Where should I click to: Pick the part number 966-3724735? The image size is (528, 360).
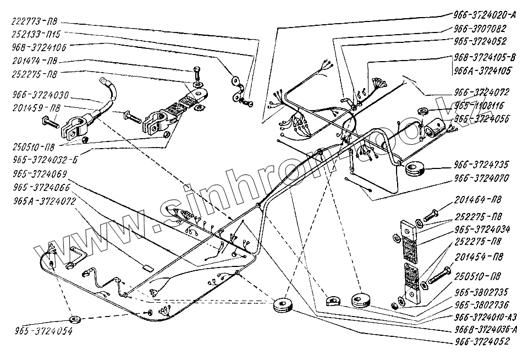(x=481, y=163)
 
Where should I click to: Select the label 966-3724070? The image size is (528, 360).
(x=481, y=178)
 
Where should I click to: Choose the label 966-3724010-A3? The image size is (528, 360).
(x=486, y=317)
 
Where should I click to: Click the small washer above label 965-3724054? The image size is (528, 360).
(x=74, y=319)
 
